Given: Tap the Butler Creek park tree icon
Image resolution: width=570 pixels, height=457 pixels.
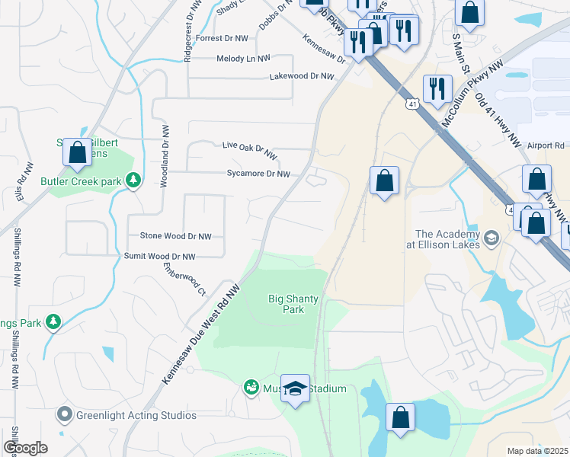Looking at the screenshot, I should (x=134, y=181).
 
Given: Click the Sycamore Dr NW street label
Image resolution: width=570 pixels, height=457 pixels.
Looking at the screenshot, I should (x=258, y=174).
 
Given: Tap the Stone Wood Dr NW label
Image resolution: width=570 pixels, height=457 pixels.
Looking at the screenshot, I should (x=175, y=237).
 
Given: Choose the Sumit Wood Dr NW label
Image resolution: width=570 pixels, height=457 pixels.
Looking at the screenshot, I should (x=159, y=257).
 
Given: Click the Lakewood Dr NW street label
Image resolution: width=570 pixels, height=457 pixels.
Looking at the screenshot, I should (x=302, y=77).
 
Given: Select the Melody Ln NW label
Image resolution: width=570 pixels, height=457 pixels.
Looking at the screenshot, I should (x=243, y=58).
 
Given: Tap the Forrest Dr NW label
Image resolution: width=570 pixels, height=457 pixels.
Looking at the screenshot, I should (x=222, y=38).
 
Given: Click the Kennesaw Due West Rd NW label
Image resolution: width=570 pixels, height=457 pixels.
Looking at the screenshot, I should (x=202, y=334).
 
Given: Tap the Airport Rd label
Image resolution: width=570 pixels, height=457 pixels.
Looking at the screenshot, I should (x=545, y=145).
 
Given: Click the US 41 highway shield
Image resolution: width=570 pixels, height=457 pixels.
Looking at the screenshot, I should (x=411, y=103).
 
